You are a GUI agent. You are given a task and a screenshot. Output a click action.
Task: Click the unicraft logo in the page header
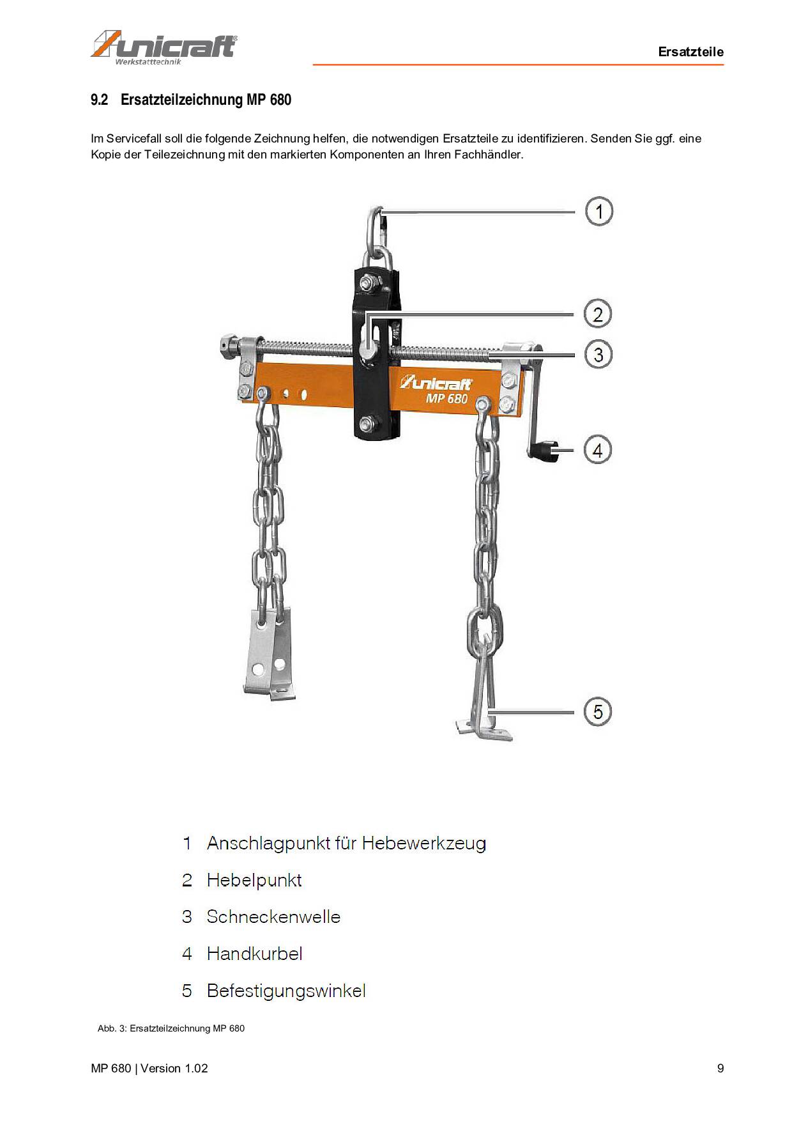[x=164, y=47]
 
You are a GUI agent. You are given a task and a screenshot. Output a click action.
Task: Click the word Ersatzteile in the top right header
[x=690, y=52]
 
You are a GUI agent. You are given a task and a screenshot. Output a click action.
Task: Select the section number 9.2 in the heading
[x=99, y=100]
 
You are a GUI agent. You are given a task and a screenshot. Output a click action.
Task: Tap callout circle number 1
[x=598, y=212]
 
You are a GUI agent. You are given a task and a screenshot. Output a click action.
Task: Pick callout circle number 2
[x=598, y=314]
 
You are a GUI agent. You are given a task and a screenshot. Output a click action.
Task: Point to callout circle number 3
[x=598, y=355]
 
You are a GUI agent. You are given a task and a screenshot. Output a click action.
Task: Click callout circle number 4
[x=597, y=450]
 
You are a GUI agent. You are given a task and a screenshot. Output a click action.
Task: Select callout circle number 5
[x=597, y=711]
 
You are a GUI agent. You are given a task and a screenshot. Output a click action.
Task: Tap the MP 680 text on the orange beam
[x=446, y=398]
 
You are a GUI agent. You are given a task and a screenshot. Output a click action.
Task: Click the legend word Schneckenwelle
[x=273, y=916]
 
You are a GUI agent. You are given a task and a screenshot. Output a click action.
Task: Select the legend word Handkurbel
[x=254, y=954]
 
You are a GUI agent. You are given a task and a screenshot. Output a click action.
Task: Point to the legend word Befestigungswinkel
[x=286, y=991]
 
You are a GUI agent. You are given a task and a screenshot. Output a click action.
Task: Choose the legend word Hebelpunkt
[x=254, y=880]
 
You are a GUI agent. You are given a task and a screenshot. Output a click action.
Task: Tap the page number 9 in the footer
[x=720, y=1068]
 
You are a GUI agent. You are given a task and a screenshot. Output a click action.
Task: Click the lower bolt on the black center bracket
[x=367, y=422]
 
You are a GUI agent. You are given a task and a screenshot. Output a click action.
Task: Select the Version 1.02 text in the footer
[x=174, y=1068]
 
